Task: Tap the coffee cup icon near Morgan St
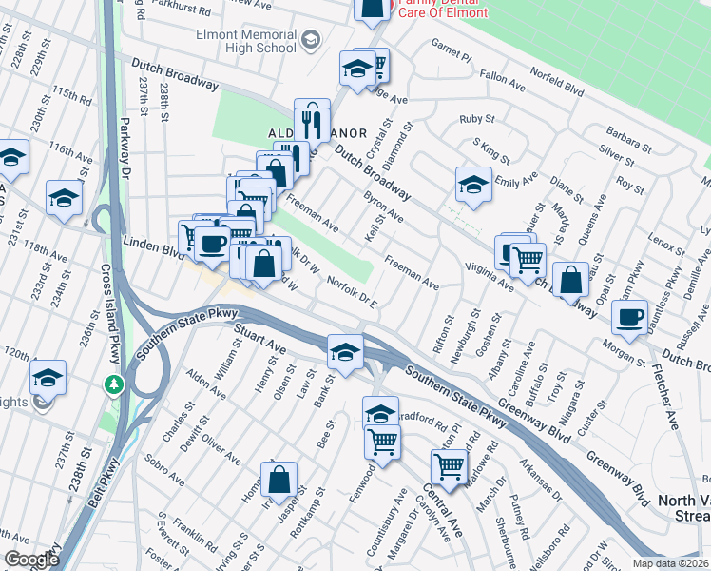[x=628, y=317]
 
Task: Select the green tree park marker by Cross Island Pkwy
[x=114, y=384]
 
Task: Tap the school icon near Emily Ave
[x=472, y=185]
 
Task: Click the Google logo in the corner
[x=31, y=560]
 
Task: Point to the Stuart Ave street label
[x=260, y=338]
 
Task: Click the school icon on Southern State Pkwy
[x=344, y=352]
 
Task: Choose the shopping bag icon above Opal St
[x=570, y=281]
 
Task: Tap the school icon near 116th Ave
[x=64, y=198]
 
